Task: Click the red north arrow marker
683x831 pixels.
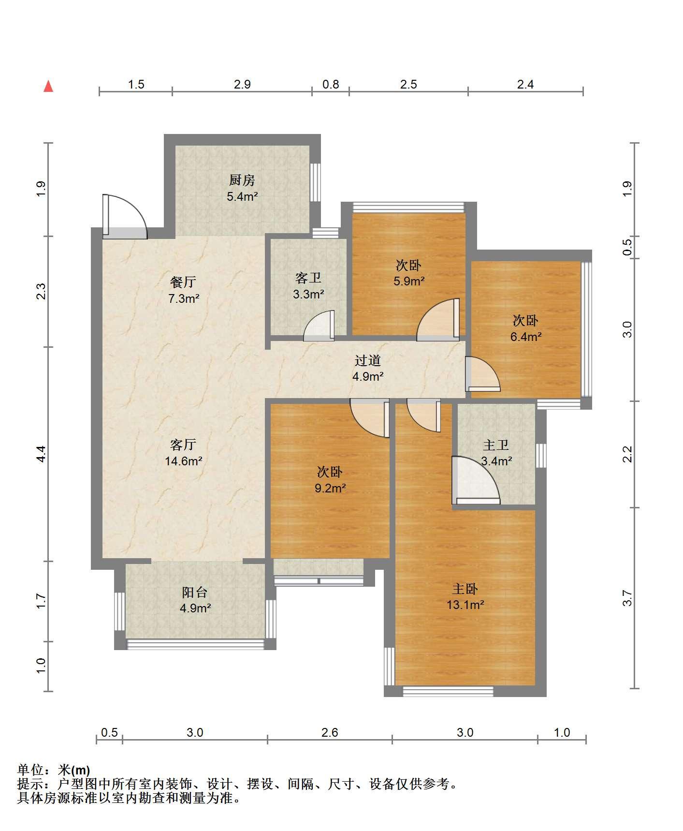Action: pos(48,86)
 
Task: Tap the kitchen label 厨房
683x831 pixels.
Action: pos(242,180)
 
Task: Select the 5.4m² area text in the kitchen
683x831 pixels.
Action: pos(242,196)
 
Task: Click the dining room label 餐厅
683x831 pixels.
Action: pos(184,282)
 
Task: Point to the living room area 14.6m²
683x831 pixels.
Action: pos(184,460)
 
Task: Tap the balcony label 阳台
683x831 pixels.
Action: pos(195,592)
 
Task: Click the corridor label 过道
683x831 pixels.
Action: pos(368,360)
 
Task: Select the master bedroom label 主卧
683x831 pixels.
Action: pos(465,589)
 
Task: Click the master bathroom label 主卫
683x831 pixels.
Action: pos(496,445)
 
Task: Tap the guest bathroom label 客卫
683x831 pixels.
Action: pos(308,278)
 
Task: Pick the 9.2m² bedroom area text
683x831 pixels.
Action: pos(330,488)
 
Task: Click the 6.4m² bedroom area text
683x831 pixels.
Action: pos(526,337)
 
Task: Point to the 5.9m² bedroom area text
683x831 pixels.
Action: pos(409,281)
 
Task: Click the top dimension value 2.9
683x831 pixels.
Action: pos(242,85)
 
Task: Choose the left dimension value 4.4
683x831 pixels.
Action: pos(41,454)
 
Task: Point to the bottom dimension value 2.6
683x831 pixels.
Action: pos(330,732)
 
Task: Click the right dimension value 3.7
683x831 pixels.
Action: pos(627,598)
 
